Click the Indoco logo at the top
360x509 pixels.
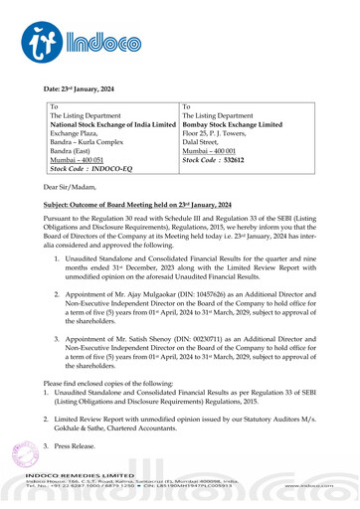click(75, 39)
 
